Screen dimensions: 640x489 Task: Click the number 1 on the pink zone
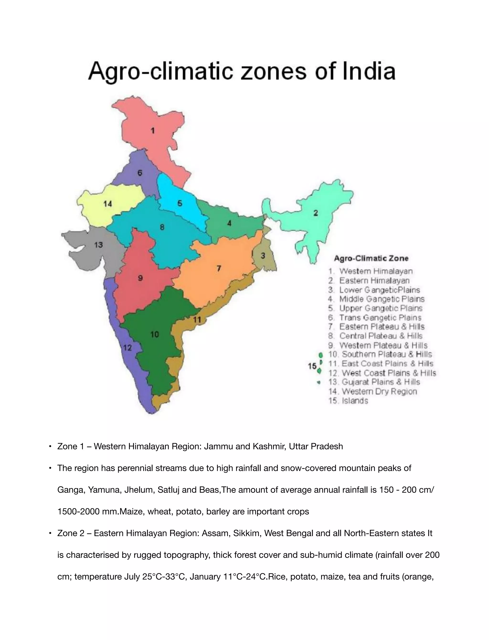153,131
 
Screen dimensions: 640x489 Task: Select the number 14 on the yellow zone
108,204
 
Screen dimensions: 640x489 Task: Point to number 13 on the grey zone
99,245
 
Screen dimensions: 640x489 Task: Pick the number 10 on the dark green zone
154,334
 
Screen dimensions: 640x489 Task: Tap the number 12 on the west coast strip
128,347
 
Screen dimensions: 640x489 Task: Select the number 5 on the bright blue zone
180,203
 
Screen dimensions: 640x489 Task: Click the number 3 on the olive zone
263,256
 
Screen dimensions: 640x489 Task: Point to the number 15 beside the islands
312,366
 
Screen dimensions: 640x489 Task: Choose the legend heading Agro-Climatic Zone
371,258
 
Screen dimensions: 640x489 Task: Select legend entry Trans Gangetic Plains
380,317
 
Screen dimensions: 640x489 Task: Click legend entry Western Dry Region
379,391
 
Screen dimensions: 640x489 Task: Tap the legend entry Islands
355,401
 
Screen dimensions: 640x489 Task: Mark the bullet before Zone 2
50,533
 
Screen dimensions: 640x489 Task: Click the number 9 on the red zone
140,278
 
